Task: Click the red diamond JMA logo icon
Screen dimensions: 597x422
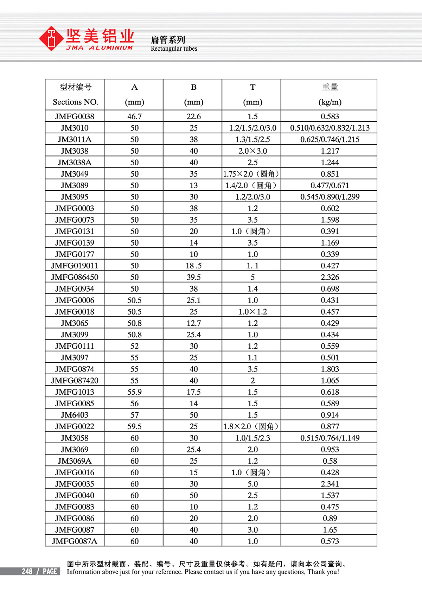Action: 51,38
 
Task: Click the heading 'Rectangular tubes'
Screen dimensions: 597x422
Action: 174,49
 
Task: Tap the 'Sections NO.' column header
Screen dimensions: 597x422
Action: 75,102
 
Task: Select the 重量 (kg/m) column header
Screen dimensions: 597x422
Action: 330,94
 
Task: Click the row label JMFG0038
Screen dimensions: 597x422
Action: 75,116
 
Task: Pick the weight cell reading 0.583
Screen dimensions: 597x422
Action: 330,116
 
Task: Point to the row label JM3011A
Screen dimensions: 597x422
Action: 75,139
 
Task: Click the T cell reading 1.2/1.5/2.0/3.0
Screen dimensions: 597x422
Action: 252,128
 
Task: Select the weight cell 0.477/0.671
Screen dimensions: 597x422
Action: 330,185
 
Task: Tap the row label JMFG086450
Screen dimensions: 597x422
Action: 75,277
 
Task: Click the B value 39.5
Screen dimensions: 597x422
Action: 193,277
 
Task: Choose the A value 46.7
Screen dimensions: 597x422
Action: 134,116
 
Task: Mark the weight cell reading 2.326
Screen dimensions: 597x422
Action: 330,277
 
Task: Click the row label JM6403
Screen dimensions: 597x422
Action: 75,415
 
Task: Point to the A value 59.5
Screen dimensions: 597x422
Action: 134,426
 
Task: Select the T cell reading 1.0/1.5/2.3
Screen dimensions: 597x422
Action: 252,438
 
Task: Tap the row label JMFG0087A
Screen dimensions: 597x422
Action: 75,541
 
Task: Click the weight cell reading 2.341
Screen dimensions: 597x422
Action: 330,484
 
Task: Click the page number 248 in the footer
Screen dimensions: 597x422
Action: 27,571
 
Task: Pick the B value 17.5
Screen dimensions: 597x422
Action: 193,392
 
